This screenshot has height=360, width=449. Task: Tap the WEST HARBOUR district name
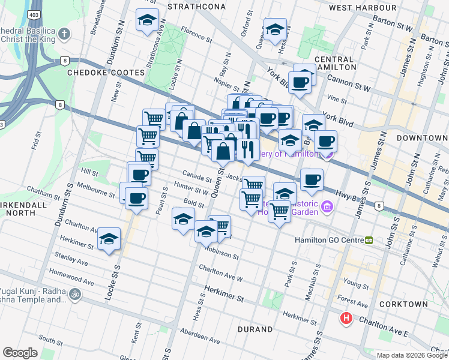363,8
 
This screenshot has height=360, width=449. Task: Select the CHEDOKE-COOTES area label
106,72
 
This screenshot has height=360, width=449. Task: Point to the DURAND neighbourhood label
255,329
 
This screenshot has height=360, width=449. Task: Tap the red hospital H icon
346,319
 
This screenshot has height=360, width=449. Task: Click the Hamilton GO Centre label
329,240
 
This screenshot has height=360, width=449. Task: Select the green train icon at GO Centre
369,240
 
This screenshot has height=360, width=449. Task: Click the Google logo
20,353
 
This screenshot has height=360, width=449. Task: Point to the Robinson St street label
221,252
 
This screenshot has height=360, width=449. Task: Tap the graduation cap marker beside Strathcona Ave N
147,20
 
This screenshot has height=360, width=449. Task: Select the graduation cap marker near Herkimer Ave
109,239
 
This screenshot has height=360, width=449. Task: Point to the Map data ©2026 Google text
412,355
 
